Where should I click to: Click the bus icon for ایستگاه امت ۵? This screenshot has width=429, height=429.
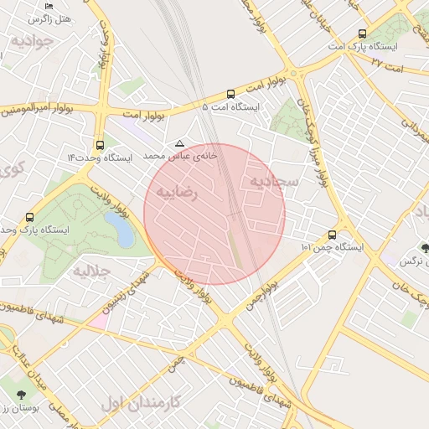click(230, 94)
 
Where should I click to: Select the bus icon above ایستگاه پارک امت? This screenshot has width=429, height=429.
click(362, 34)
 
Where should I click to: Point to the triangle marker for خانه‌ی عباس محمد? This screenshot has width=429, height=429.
click(178, 143)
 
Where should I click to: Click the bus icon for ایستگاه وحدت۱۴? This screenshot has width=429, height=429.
click(101, 143)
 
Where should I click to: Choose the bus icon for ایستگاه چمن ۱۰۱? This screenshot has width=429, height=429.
click(333, 235)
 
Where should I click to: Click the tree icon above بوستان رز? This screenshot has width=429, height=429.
click(19, 394)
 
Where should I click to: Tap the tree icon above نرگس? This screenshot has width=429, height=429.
click(426, 248)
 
